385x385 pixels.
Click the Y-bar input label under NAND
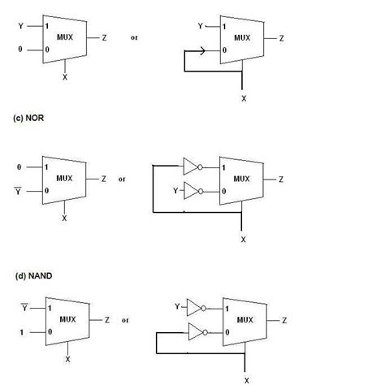[x=22, y=309]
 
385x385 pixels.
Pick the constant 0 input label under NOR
[x=19, y=167]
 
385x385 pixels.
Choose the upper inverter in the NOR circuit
[x=192, y=167]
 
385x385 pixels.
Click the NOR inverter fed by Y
[x=192, y=192]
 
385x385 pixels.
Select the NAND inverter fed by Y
[x=194, y=308]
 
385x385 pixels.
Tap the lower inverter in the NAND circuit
[x=194, y=332]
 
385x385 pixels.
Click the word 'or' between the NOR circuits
[x=122, y=179]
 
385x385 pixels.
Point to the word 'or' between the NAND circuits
[x=125, y=320]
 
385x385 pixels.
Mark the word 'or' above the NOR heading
[x=134, y=38]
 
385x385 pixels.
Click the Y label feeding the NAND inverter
[x=175, y=307]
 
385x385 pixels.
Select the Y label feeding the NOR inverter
[x=175, y=192]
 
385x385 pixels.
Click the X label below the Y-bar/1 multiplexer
[x=67, y=358]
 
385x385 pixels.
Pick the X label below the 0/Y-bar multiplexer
[x=65, y=218]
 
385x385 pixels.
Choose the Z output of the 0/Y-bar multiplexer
[x=103, y=179]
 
